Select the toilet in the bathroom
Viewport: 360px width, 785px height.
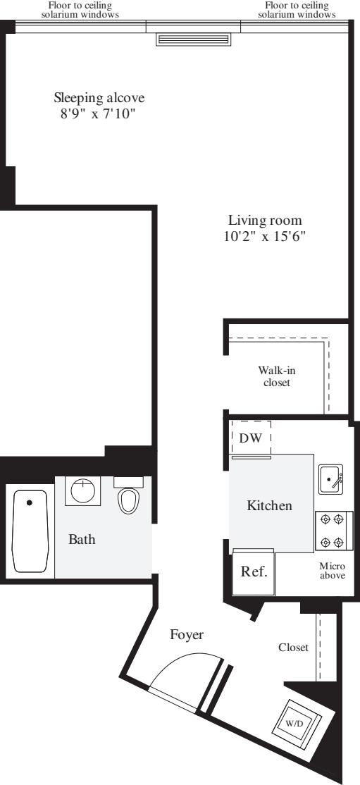[128, 496]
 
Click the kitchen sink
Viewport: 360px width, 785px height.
[330, 479]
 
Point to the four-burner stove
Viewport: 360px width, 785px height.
[332, 531]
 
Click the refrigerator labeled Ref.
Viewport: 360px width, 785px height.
[254, 571]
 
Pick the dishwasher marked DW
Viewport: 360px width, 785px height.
[251, 438]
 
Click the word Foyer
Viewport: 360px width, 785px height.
[187, 635]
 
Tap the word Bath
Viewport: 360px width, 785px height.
[82, 540]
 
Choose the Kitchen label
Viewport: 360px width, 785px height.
[269, 505]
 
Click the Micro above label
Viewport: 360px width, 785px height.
[332, 571]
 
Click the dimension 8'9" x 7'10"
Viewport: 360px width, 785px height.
[97, 113]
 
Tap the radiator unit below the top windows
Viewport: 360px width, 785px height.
[193, 39]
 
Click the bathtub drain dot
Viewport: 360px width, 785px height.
[30, 503]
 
